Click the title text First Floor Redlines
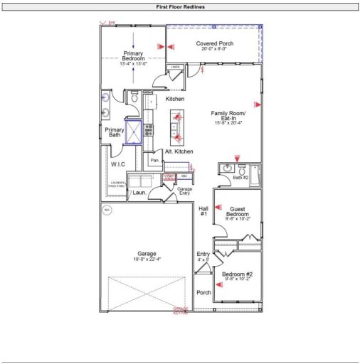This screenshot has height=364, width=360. coord(180,6)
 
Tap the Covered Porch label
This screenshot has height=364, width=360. coord(211,43)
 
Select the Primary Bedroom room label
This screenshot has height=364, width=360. coord(133,56)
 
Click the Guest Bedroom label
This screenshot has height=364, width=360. coord(237,211)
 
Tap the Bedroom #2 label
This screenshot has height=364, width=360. coord(237,274)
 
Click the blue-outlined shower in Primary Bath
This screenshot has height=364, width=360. coord(134,132)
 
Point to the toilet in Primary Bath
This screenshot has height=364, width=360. coord(134,101)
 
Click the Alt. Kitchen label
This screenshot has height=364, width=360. coord(179,152)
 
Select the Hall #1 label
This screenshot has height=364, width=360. coord(203,210)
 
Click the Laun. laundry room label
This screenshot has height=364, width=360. coord(139,192)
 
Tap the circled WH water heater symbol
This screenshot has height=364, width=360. coord(107,210)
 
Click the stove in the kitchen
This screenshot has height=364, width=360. coord(149,129)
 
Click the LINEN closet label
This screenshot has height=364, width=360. coord(175,67)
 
